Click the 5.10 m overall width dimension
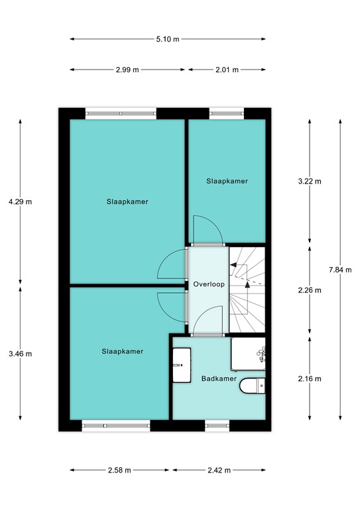pos(168,39)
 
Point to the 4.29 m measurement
pos(19,201)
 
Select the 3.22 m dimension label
pos(309,181)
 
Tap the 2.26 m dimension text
pos(309,290)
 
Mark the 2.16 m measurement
pos(309,378)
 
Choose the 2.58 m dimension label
pos(119,470)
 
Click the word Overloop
pos(209,284)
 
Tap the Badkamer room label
pos(219,378)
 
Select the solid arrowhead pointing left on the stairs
pos(233,264)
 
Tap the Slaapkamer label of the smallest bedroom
pos(227,180)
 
